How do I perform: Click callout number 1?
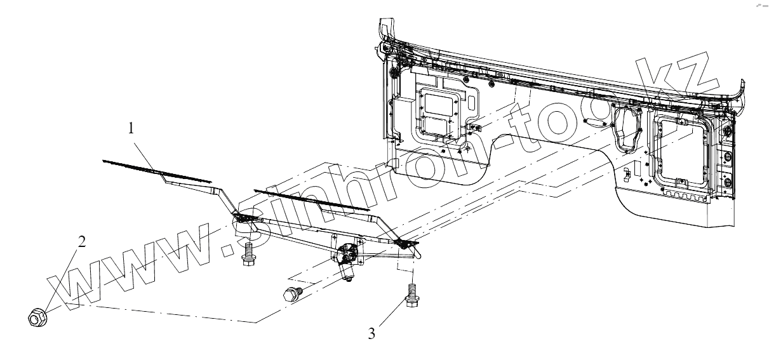click(131, 128)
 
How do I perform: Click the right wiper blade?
click(311, 199)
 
